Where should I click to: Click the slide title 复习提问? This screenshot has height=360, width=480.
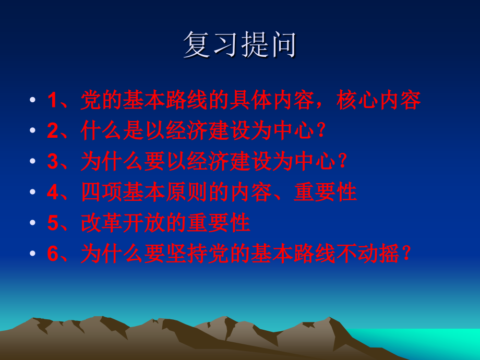tap(240, 45)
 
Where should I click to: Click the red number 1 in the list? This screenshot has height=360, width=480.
tap(52, 101)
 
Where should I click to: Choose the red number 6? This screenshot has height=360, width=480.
tap(52, 255)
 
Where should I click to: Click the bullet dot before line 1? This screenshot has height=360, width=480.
tap(32, 101)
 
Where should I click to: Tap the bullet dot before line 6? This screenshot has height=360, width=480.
tap(32, 255)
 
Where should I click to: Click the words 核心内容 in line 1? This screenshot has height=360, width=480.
tap(379, 101)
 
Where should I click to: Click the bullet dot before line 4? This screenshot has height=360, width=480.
tap(32, 193)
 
